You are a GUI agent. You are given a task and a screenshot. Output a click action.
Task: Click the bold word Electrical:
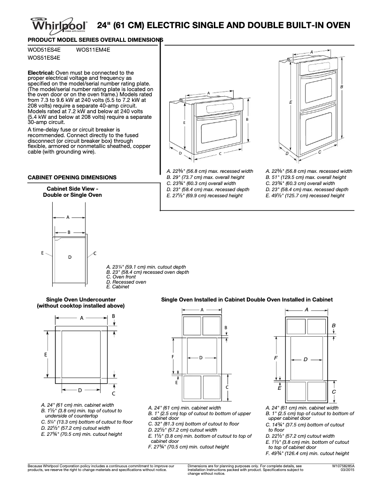[x=42, y=73]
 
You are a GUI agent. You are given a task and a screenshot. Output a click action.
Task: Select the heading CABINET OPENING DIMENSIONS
[x=72, y=178]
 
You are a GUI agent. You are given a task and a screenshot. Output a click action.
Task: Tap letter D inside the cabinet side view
[x=70, y=257]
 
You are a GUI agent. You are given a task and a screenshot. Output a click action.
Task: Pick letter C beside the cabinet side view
[x=95, y=254]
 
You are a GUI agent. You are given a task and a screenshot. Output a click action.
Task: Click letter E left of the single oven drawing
[x=184, y=123]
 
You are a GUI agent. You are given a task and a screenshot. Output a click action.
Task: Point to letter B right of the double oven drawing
[x=342, y=87]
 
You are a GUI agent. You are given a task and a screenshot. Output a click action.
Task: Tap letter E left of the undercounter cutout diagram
[x=46, y=354]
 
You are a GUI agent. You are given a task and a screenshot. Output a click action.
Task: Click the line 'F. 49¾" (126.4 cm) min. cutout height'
[x=307, y=454]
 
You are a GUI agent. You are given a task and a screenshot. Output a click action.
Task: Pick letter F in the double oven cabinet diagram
[x=276, y=358]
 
